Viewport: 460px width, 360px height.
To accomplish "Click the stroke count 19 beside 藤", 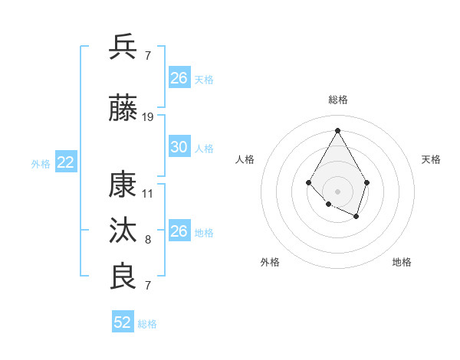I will coord(148,117).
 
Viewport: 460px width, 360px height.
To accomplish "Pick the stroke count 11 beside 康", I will coord(148,194).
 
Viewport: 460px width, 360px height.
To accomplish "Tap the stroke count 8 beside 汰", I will coord(148,241).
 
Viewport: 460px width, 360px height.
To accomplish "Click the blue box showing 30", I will coord(179,147).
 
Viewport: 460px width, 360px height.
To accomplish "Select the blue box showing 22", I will coord(65,162).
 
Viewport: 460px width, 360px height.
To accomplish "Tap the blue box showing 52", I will coord(123,322).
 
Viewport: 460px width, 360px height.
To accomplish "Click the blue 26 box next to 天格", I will coord(179,78).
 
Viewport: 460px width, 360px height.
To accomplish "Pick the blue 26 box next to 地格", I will coord(179,231).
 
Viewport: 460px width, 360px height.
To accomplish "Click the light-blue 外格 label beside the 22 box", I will coord(41,163).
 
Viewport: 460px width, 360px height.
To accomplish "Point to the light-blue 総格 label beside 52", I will coord(147,324).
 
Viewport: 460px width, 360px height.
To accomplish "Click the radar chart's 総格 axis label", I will coord(338,100).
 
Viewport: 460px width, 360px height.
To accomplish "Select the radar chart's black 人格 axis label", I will coord(245,159).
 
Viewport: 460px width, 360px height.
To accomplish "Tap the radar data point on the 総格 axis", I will coord(337,129).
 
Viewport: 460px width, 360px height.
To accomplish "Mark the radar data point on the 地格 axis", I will coord(356,217).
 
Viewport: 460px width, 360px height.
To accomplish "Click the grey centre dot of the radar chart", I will coord(337,191).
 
